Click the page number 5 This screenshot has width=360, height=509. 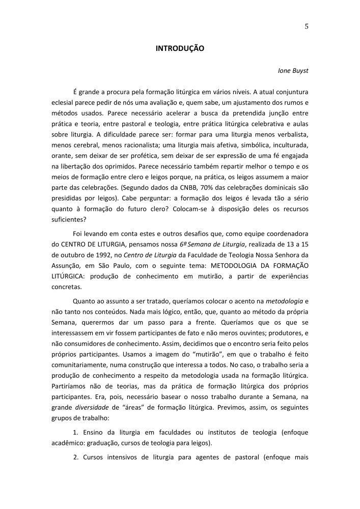(x=307, y=27)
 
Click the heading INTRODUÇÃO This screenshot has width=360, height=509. (x=180, y=49)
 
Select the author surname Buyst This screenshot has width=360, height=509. (x=299, y=71)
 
